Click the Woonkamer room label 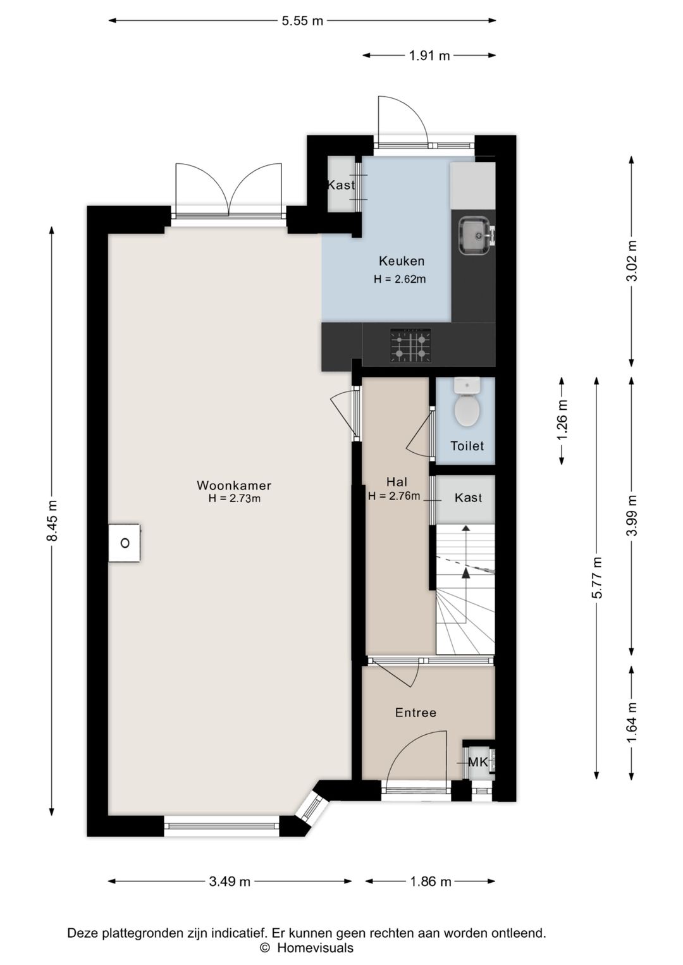[234, 485]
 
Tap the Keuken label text [402, 261]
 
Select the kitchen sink [475, 236]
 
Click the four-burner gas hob [410, 345]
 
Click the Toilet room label [467, 446]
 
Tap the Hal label [397, 482]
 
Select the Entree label [415, 713]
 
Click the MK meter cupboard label [477, 762]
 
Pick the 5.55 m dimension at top [302, 21]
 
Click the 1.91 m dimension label [429, 56]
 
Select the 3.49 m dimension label [230, 882]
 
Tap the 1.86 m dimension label [431, 882]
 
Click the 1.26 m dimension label [562, 421]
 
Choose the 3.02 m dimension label [632, 261]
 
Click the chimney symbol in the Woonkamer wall [125, 543]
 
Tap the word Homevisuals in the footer [315, 948]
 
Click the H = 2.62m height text [400, 279]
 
